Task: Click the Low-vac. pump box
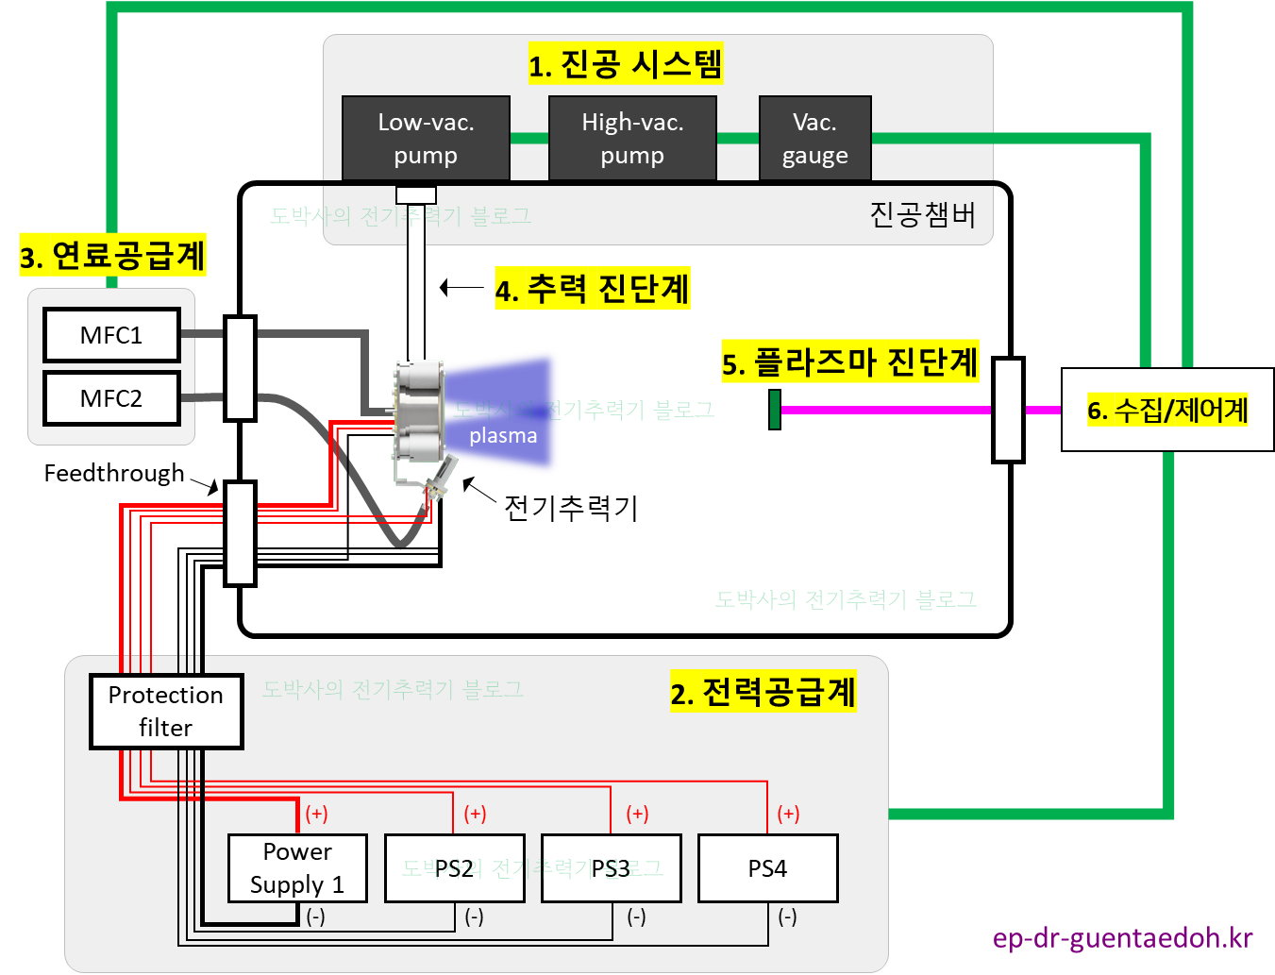426,138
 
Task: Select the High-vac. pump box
632,138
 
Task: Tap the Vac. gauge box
814,138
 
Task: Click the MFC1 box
111,335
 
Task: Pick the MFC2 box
111,398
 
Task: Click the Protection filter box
166,712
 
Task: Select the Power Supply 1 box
297,868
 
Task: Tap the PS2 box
454,868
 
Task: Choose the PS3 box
611,868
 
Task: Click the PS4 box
767,868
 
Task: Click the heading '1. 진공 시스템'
625,64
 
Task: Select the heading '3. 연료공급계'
112,256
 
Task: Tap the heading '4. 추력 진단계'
593,288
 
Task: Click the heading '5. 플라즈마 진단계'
849,361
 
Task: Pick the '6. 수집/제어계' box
1167,410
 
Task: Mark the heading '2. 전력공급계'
763,692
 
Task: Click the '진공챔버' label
922,215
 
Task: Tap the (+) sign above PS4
788,814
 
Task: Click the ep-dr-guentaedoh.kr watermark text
1123,938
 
